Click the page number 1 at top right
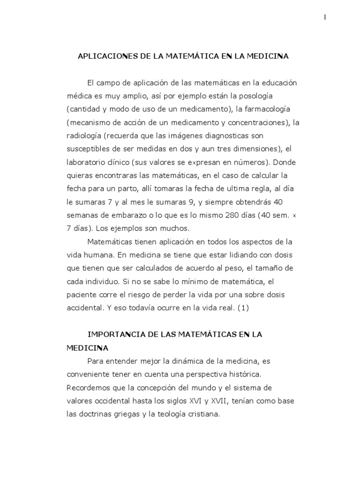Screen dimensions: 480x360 (324, 17)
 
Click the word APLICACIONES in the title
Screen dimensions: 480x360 (105, 56)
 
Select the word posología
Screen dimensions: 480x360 (269, 96)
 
